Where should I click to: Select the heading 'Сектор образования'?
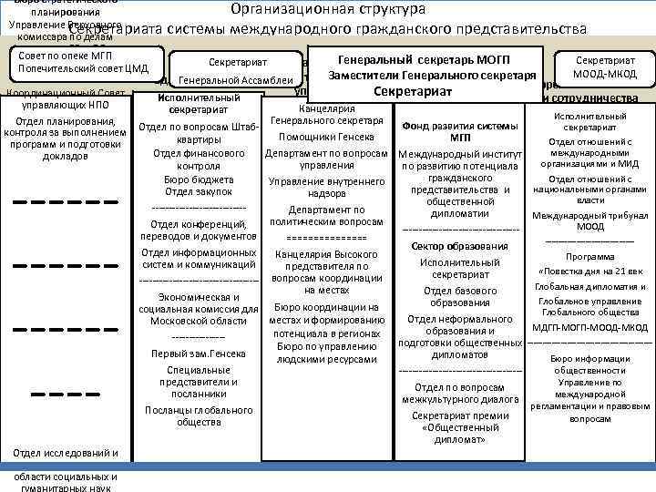pyautogui.click(x=459, y=247)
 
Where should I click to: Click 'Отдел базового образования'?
pyautogui.click(x=459, y=296)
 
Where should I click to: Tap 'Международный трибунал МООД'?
pyautogui.click(x=589, y=220)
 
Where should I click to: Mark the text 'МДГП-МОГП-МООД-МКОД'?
pyautogui.click(x=589, y=327)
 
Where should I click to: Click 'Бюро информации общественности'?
pyautogui.click(x=589, y=364)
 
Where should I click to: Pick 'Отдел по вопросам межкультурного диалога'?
pyautogui.click(x=459, y=393)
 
